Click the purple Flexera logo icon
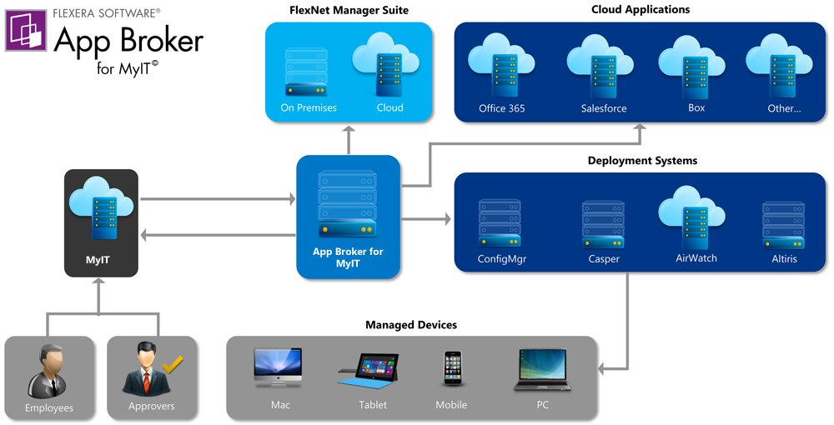point(26,31)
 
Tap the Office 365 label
point(502,108)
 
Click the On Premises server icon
point(309,72)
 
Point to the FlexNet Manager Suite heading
point(348,10)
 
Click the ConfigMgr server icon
point(501,223)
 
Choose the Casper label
point(603,259)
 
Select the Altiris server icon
point(784,225)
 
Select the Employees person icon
point(48,372)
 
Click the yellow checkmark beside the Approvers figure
point(173,364)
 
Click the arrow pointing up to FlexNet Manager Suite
point(348,138)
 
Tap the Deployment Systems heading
point(641,160)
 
